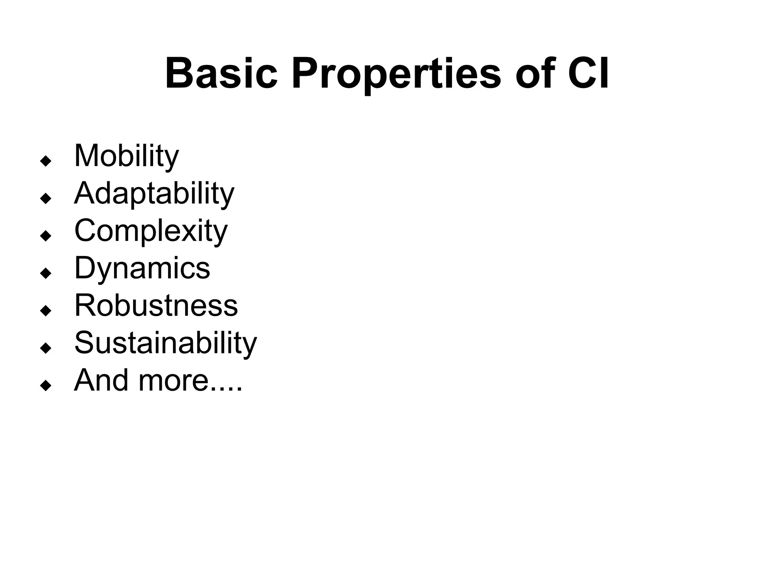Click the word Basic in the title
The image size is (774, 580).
point(221,74)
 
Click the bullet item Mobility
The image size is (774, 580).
point(126,156)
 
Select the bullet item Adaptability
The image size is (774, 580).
point(154,193)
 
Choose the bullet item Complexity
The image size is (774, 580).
point(151,231)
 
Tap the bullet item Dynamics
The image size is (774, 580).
point(142,268)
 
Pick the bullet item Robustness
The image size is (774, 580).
point(156,305)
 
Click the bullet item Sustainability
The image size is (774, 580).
point(165,343)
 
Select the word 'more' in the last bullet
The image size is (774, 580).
point(173,381)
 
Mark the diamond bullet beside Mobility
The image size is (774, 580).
point(46,161)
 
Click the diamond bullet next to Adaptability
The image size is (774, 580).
point(46,199)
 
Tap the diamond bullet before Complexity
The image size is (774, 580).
point(46,236)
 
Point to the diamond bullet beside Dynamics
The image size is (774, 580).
point(46,273)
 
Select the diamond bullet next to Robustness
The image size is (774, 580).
point(46,311)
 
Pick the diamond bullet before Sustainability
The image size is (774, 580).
point(46,348)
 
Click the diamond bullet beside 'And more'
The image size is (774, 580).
point(46,386)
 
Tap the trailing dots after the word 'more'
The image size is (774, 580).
point(225,389)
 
